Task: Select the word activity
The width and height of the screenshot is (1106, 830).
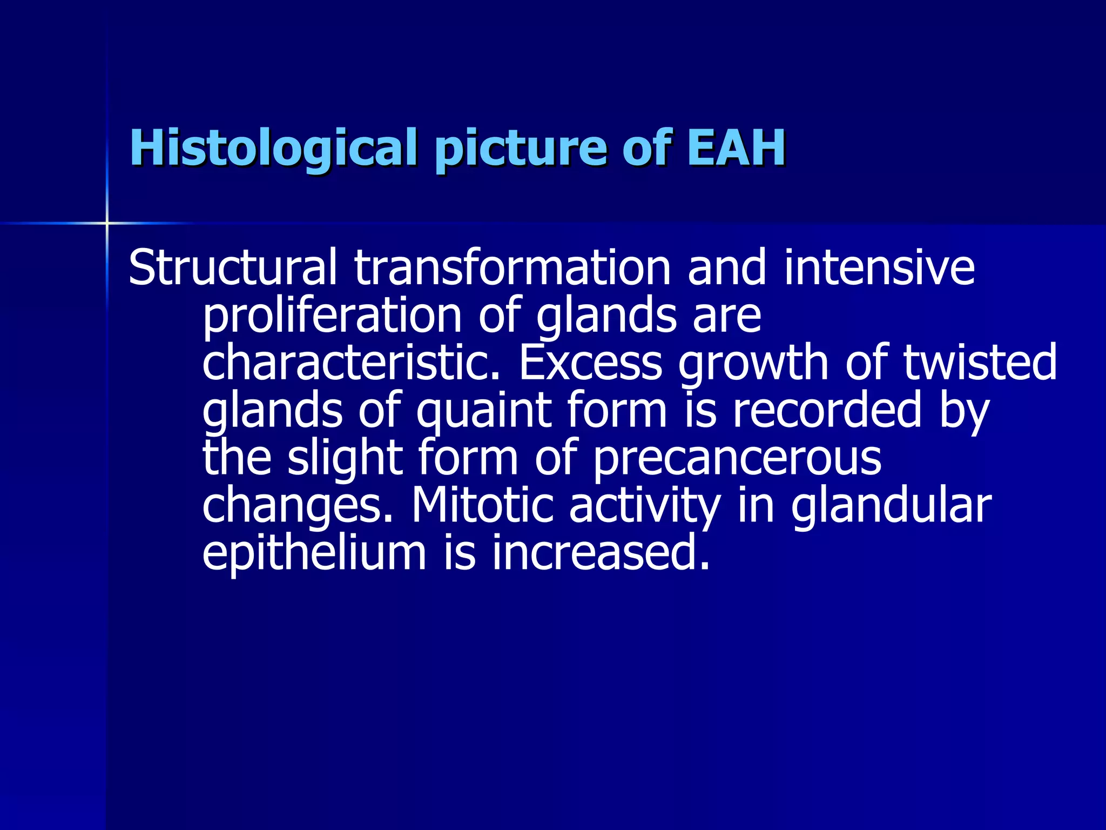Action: coord(645,507)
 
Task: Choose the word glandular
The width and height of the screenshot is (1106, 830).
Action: coord(891,506)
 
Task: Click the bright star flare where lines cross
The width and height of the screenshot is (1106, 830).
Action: coord(107,223)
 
